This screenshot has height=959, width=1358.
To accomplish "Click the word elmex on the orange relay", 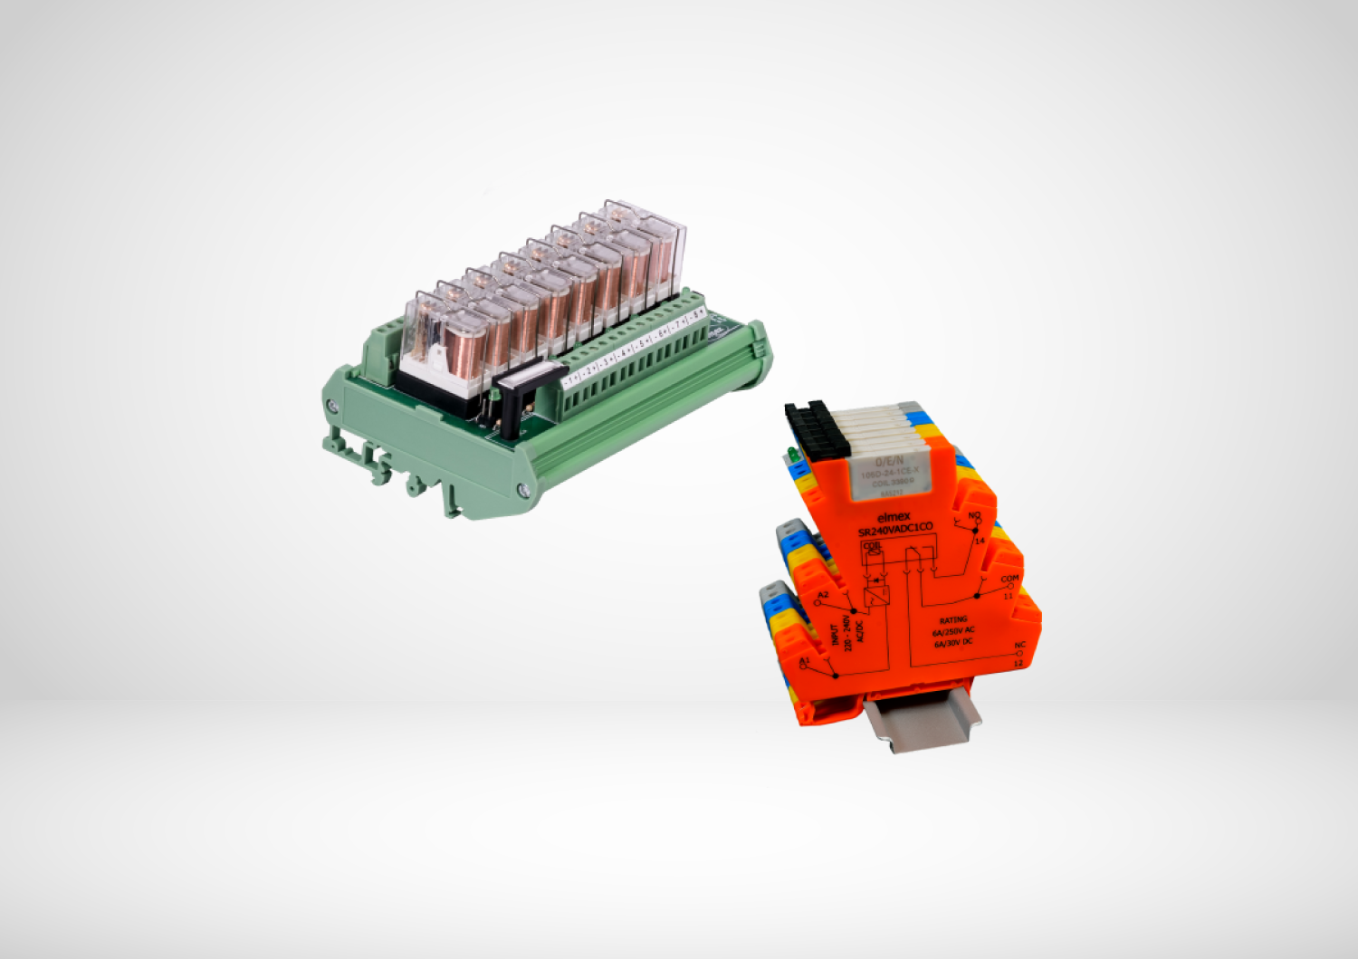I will click(x=894, y=516).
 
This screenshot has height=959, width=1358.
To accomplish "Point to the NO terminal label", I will click(x=974, y=516).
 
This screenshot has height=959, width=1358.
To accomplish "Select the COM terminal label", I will click(x=1009, y=579).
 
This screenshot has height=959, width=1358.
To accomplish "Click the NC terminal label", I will click(x=1019, y=646).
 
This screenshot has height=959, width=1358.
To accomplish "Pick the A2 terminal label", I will click(x=822, y=595).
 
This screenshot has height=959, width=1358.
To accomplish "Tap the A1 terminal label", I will click(x=804, y=662).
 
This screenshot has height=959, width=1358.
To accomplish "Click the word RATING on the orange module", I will click(x=952, y=620).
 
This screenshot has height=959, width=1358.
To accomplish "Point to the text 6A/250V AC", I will click(x=953, y=631).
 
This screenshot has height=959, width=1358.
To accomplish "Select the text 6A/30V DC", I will click(x=953, y=643).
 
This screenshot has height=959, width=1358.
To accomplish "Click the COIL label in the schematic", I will click(x=871, y=546).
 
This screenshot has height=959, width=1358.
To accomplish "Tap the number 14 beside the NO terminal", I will click(x=979, y=541).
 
